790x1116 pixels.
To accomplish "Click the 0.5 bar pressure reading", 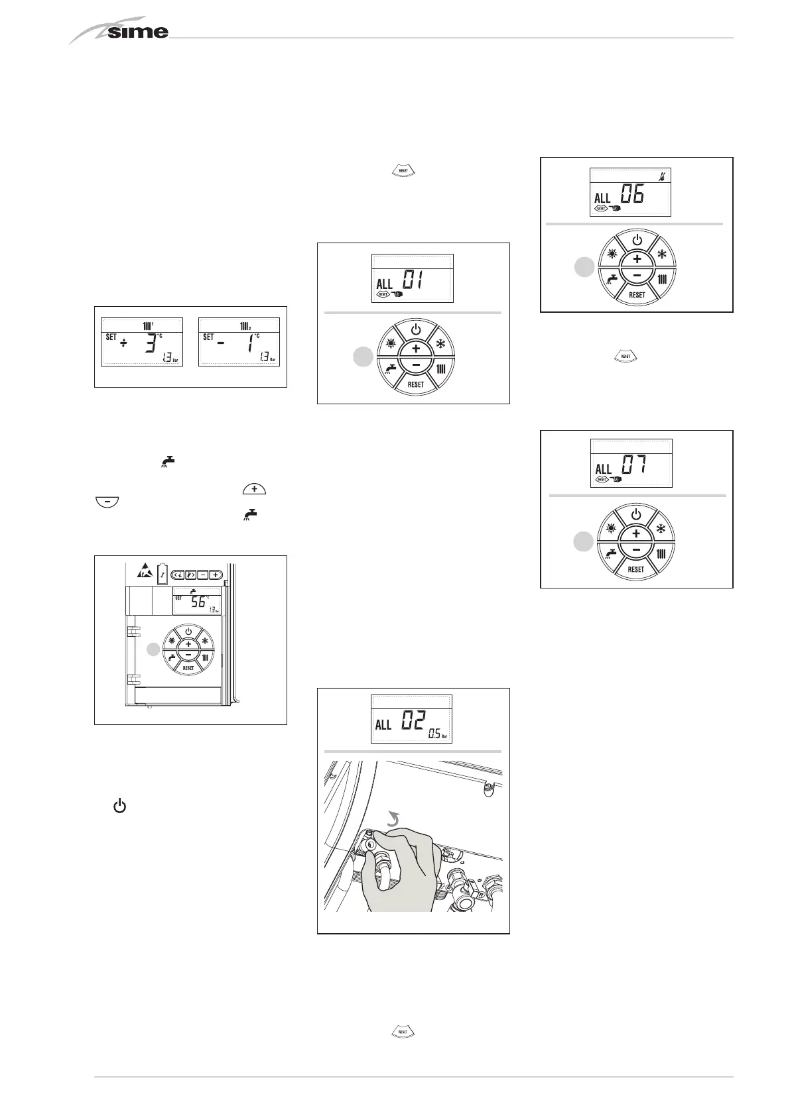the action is (434, 734).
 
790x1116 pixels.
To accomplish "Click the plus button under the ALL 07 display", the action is (635, 533).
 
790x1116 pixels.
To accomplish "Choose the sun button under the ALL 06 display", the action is (612, 255).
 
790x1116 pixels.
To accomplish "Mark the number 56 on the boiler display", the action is (198, 601).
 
